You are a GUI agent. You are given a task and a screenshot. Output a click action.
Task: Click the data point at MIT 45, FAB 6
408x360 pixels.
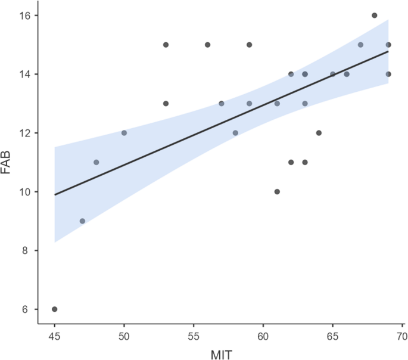55,309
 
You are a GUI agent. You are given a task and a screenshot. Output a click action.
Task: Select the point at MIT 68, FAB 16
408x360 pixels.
374,15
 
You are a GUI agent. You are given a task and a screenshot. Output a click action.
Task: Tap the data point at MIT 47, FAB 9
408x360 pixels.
82,221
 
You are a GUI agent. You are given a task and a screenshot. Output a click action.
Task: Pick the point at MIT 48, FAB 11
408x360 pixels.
96,162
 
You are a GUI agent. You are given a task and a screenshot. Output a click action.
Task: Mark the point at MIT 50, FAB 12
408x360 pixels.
124,133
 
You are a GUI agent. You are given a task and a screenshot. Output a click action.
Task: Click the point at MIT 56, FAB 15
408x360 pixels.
207,45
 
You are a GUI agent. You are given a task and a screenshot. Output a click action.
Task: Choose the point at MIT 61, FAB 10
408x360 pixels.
277,192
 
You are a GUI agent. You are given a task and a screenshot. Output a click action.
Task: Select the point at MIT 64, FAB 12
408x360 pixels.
319,133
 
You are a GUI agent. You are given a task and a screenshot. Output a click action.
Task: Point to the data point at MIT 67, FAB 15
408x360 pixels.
360,45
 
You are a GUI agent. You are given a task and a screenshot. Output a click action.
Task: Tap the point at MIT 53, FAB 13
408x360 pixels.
166,104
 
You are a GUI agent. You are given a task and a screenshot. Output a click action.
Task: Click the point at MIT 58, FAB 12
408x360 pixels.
235,133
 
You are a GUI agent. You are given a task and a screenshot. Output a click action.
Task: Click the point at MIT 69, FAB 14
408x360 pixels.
388,74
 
